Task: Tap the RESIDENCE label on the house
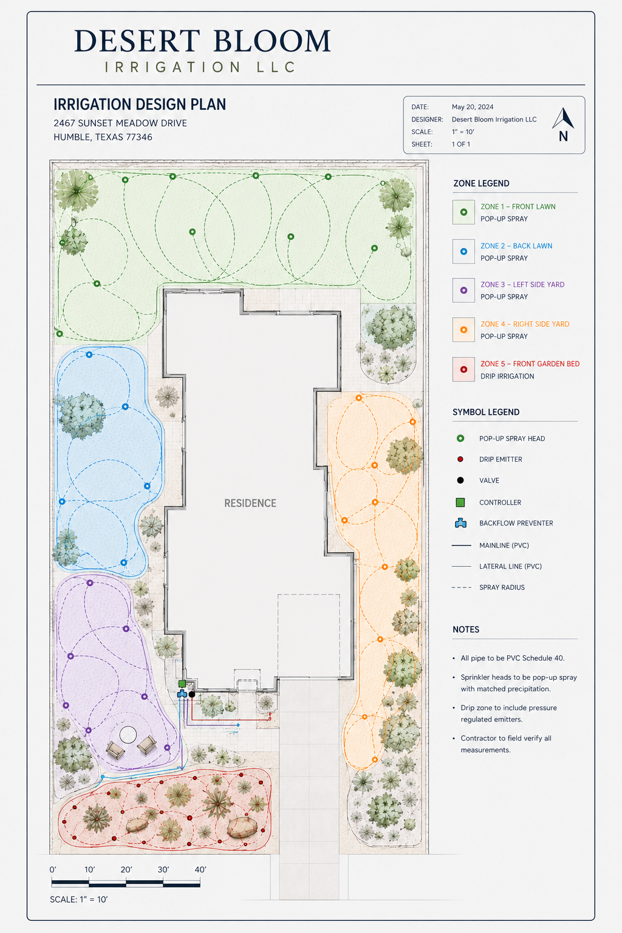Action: pos(250,503)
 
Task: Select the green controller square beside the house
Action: pos(182,683)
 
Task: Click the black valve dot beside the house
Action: pos(191,694)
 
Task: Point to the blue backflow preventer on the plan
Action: pos(182,694)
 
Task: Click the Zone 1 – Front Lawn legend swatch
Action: pos(463,212)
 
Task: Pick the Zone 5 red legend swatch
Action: pos(463,369)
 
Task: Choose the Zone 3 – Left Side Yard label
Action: pos(522,284)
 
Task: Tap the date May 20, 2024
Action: pos(473,107)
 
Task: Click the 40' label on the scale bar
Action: pos(200,870)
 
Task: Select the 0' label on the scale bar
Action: pos(52,870)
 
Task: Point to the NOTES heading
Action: pos(466,629)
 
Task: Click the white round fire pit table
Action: pos(128,735)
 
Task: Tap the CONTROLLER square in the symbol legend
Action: pos(460,502)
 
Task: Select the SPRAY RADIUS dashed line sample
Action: pos(462,587)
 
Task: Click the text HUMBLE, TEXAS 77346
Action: pos(103,137)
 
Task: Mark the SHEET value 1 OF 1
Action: pos(461,144)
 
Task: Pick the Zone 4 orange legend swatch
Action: pos(463,330)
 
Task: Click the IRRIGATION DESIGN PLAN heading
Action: pos(140,104)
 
